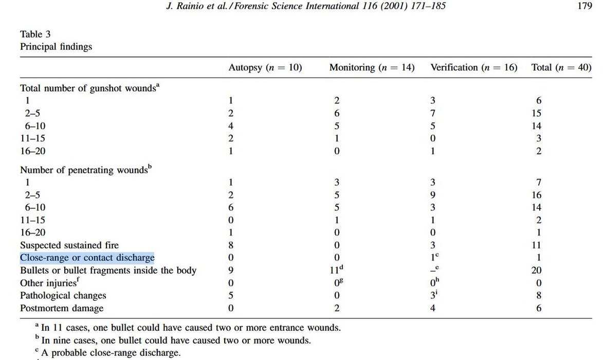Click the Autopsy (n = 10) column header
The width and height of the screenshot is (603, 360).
coord(265,67)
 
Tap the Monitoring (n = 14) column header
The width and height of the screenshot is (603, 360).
coord(372,67)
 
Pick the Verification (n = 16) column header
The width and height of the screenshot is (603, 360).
coord(473,67)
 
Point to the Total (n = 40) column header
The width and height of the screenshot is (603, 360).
coord(561,67)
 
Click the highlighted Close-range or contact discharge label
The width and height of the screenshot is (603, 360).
coord(87,258)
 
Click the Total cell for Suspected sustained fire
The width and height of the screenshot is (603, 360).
coord(538,246)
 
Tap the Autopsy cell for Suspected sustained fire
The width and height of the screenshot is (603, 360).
coord(231,246)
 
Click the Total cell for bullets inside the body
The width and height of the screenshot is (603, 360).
coord(538,271)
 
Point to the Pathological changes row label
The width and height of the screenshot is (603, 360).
coord(63,296)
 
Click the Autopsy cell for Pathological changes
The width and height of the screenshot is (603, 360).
coord(231,296)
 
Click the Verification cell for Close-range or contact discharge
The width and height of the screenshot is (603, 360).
coord(434,258)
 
